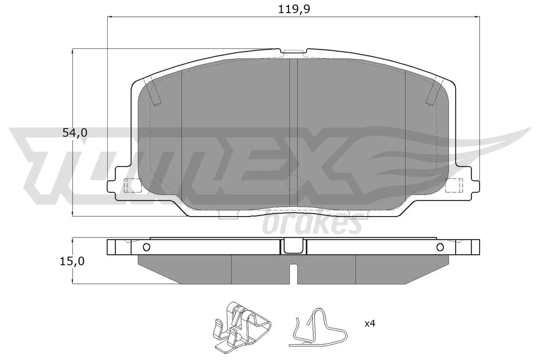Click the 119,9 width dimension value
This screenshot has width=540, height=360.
click(294, 9)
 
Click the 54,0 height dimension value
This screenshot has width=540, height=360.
click(75, 133)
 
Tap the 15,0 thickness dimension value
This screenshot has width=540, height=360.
click(72, 261)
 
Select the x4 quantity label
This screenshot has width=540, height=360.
click(370, 324)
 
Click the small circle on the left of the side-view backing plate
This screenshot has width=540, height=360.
click(146, 247)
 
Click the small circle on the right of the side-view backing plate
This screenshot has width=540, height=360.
click(440, 247)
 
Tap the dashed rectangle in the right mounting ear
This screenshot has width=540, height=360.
click(454, 186)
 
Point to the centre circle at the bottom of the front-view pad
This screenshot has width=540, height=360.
click(293, 183)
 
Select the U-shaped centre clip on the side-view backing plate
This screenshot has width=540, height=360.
click(293, 246)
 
